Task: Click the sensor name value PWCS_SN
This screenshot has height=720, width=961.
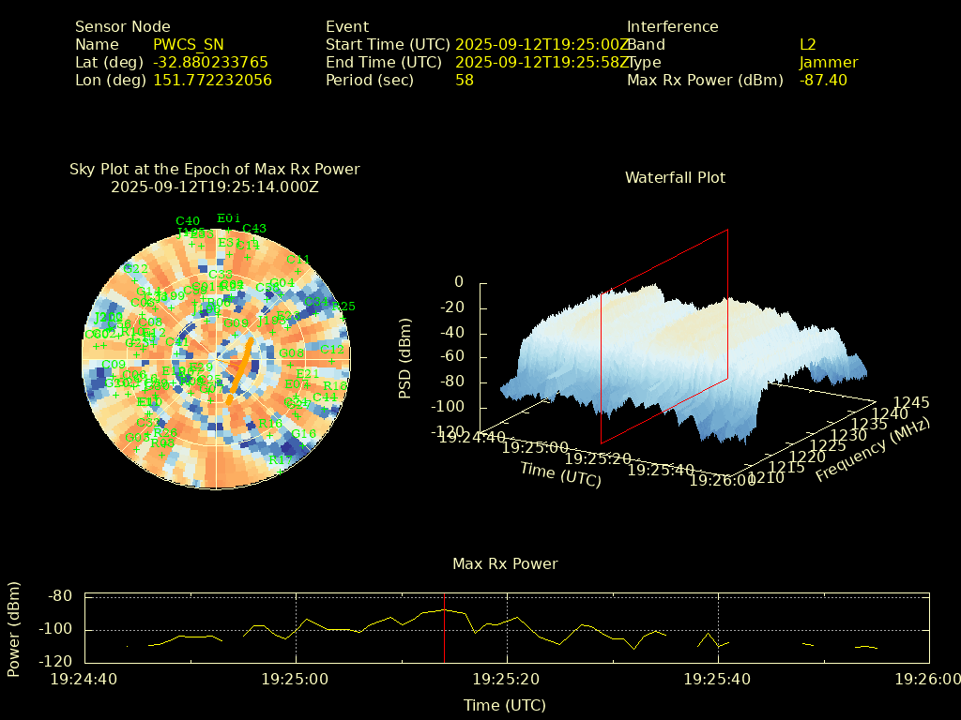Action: pyautogui.click(x=189, y=44)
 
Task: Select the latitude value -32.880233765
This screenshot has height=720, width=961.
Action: pyautogui.click(x=210, y=62)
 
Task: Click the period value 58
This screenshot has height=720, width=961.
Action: pyautogui.click(x=465, y=80)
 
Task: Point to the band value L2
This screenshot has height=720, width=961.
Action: pyautogui.click(x=808, y=44)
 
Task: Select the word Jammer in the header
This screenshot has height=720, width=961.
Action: pyautogui.click(x=829, y=62)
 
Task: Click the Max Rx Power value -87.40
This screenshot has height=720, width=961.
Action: pyautogui.click(x=823, y=80)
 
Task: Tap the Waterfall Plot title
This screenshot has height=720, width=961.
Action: pyautogui.click(x=675, y=177)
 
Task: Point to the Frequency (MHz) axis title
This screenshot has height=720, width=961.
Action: pyautogui.click(x=872, y=450)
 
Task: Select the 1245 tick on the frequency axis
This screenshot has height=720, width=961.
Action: pyautogui.click(x=911, y=402)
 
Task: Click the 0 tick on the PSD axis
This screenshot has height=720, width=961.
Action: pyautogui.click(x=459, y=281)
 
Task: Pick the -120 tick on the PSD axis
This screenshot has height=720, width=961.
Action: pyautogui.click(x=447, y=432)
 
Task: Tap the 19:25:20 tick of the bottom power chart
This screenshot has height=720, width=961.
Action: pyautogui.click(x=507, y=678)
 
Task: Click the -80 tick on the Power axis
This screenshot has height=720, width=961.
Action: pyautogui.click(x=60, y=596)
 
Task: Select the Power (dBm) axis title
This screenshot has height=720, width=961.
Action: pyautogui.click(x=14, y=626)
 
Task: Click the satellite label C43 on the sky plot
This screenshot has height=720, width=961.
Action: pyautogui.click(x=254, y=228)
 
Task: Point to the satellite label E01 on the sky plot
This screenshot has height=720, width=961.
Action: pyautogui.click(x=229, y=218)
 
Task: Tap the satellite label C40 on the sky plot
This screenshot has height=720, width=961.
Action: pyautogui.click(x=187, y=221)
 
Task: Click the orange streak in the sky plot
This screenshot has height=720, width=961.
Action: pyautogui.click(x=240, y=367)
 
